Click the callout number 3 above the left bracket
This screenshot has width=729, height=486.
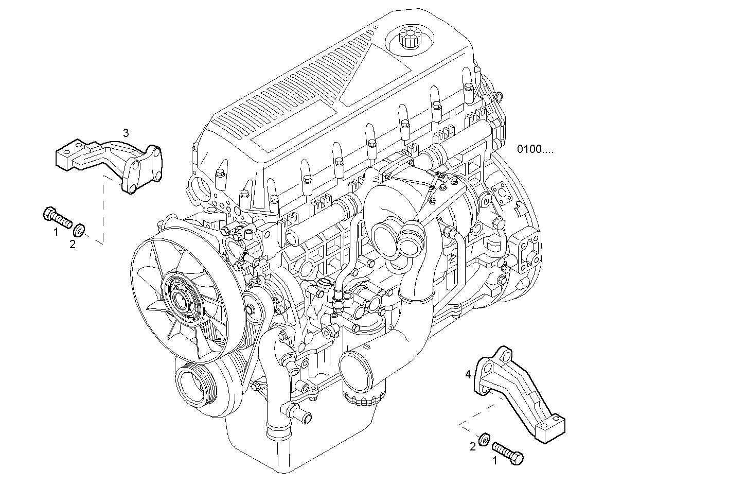pos(126,133)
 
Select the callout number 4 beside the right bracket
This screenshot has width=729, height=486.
pos(468,374)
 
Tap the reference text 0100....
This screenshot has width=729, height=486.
pos(536,149)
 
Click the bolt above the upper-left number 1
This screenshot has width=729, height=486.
pos(57,217)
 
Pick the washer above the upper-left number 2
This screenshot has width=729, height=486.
pos(80,229)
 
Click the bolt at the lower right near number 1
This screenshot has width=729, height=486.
pos(508,452)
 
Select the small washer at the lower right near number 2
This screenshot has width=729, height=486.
pos(484,439)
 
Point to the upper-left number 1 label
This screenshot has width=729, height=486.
pos(56,232)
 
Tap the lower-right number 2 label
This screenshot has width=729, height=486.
pos(472,447)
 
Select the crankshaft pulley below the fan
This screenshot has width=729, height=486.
pos(197,384)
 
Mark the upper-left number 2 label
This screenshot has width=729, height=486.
pos(73,245)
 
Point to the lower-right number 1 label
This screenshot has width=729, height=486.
pos(495,461)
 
